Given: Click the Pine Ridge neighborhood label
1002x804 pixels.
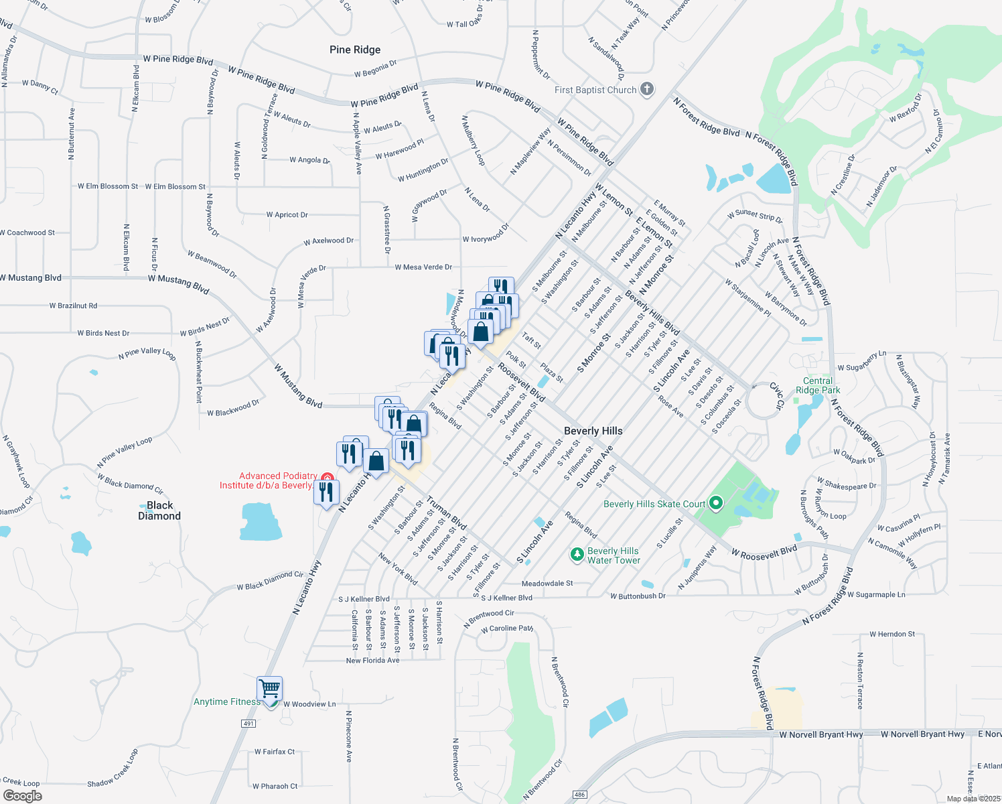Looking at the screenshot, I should pyautogui.click(x=355, y=50).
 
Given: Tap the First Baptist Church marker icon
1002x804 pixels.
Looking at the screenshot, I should pyautogui.click(x=646, y=89).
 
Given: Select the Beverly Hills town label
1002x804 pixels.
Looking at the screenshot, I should pyautogui.click(x=593, y=431).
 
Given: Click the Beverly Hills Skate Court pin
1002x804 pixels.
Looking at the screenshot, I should pyautogui.click(x=715, y=503).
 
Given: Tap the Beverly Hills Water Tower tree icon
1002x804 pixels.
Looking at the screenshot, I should pyautogui.click(x=577, y=555).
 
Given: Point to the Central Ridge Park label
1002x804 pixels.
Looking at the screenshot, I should pyautogui.click(x=818, y=385).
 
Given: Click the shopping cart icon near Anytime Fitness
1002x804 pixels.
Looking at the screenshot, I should pyautogui.click(x=269, y=688).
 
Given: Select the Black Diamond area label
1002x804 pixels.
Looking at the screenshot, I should pyautogui.click(x=159, y=511).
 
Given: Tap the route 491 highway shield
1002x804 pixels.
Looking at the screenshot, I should pyautogui.click(x=248, y=724).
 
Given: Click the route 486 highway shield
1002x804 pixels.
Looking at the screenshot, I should pyautogui.click(x=580, y=795).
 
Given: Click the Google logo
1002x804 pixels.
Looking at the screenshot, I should pyautogui.click(x=23, y=795).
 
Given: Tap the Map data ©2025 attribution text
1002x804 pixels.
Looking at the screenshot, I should pyautogui.click(x=973, y=799).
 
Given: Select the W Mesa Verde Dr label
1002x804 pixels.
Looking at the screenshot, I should pyautogui.click(x=423, y=267).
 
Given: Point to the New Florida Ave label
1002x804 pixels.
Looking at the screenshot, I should pyautogui.click(x=372, y=661).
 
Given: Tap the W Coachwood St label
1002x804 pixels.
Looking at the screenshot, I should pyautogui.click(x=27, y=233).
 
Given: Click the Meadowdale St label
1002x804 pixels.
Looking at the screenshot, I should pyautogui.click(x=547, y=584).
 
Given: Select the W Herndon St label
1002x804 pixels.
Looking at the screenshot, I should pyautogui.click(x=892, y=634).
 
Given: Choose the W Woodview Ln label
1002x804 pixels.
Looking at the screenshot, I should pyautogui.click(x=309, y=704).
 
